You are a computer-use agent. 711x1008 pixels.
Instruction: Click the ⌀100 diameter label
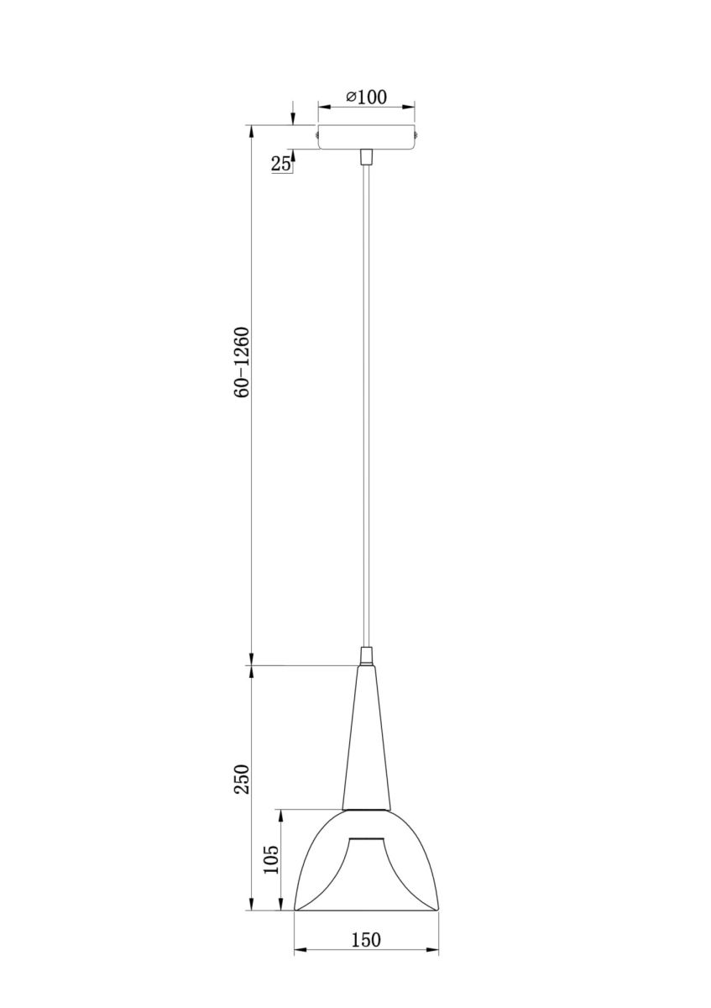point(366,97)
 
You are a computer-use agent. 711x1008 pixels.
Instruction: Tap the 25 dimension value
point(281,164)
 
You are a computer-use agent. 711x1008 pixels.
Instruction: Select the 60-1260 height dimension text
point(243,362)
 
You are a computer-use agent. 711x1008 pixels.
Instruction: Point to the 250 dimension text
point(243,779)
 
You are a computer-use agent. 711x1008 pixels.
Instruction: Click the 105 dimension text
point(271,859)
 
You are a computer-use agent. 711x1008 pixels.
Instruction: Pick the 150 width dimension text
point(366,940)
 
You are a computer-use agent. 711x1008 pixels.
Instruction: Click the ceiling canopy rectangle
point(367,138)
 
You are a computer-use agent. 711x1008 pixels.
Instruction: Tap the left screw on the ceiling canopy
point(316,133)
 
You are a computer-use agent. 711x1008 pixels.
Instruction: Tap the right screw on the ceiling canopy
point(418,133)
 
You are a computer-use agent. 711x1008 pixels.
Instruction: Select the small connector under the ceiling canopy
point(366,157)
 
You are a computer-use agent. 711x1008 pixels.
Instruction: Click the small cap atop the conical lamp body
point(366,655)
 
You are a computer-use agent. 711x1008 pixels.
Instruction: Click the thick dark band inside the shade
point(366,839)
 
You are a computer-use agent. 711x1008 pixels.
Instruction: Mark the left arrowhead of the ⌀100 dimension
point(322,107)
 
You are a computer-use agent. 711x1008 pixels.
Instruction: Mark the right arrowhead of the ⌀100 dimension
point(410,107)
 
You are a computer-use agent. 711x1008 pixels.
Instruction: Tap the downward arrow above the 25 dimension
point(292,118)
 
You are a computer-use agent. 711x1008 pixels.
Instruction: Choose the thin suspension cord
point(366,403)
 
